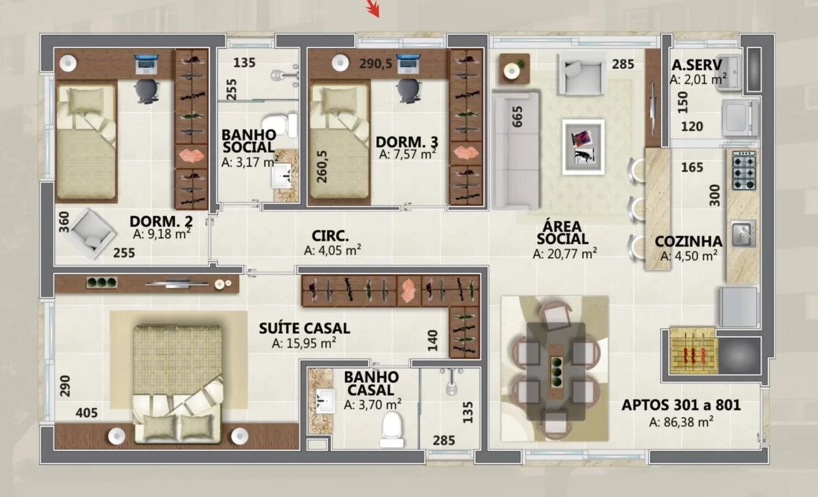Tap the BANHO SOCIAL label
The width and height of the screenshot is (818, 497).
248,141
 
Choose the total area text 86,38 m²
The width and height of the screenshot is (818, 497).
681,423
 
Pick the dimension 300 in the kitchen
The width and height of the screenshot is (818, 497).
715,195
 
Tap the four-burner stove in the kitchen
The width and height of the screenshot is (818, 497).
743,170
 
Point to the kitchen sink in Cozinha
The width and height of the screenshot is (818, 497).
741,231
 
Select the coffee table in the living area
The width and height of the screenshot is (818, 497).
582,146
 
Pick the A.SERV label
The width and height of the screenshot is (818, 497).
696,66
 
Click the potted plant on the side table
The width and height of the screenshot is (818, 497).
515,68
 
